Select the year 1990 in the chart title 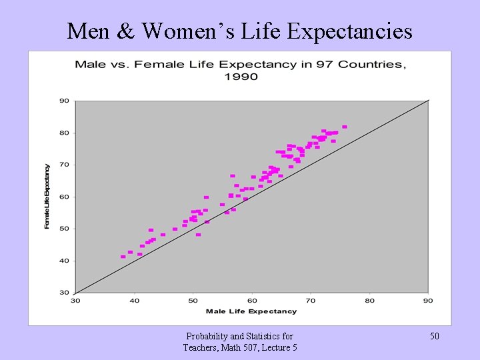tap(241, 77)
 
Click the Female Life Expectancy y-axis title tap(47, 196)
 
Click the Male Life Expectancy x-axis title tap(251, 311)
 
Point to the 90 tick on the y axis tap(65, 101)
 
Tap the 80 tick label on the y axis tap(65, 133)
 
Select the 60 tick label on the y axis tap(65, 197)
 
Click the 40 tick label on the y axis tap(65, 261)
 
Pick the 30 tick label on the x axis tap(75, 301)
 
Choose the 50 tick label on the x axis tap(193, 301)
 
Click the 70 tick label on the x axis tap(311, 301)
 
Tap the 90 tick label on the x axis tap(428, 301)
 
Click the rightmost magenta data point tap(345, 127)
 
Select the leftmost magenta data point tap(123, 257)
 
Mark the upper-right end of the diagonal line tap(427, 101)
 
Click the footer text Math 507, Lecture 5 tap(240, 347)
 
